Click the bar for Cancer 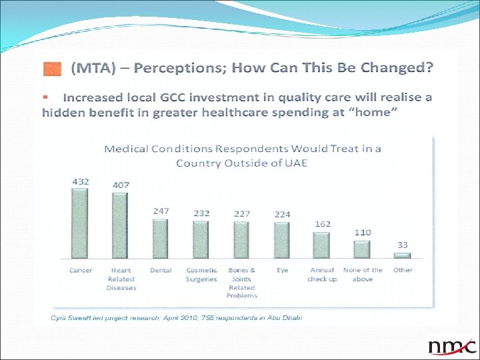[80, 223]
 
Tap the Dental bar [161, 239]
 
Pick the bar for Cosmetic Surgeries [201, 240]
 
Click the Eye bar [282, 240]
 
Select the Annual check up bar [322, 245]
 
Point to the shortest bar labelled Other [402, 255]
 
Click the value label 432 [80, 181]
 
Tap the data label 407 [120, 185]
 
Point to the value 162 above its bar [323, 224]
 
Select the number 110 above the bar [362, 232]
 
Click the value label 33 [403, 245]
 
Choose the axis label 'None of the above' [363, 275]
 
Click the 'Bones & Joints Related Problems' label [241, 282]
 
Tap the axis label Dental [161, 270]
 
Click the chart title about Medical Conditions [242, 155]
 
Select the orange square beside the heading [51, 68]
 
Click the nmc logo [452, 346]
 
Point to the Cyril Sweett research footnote [177, 317]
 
